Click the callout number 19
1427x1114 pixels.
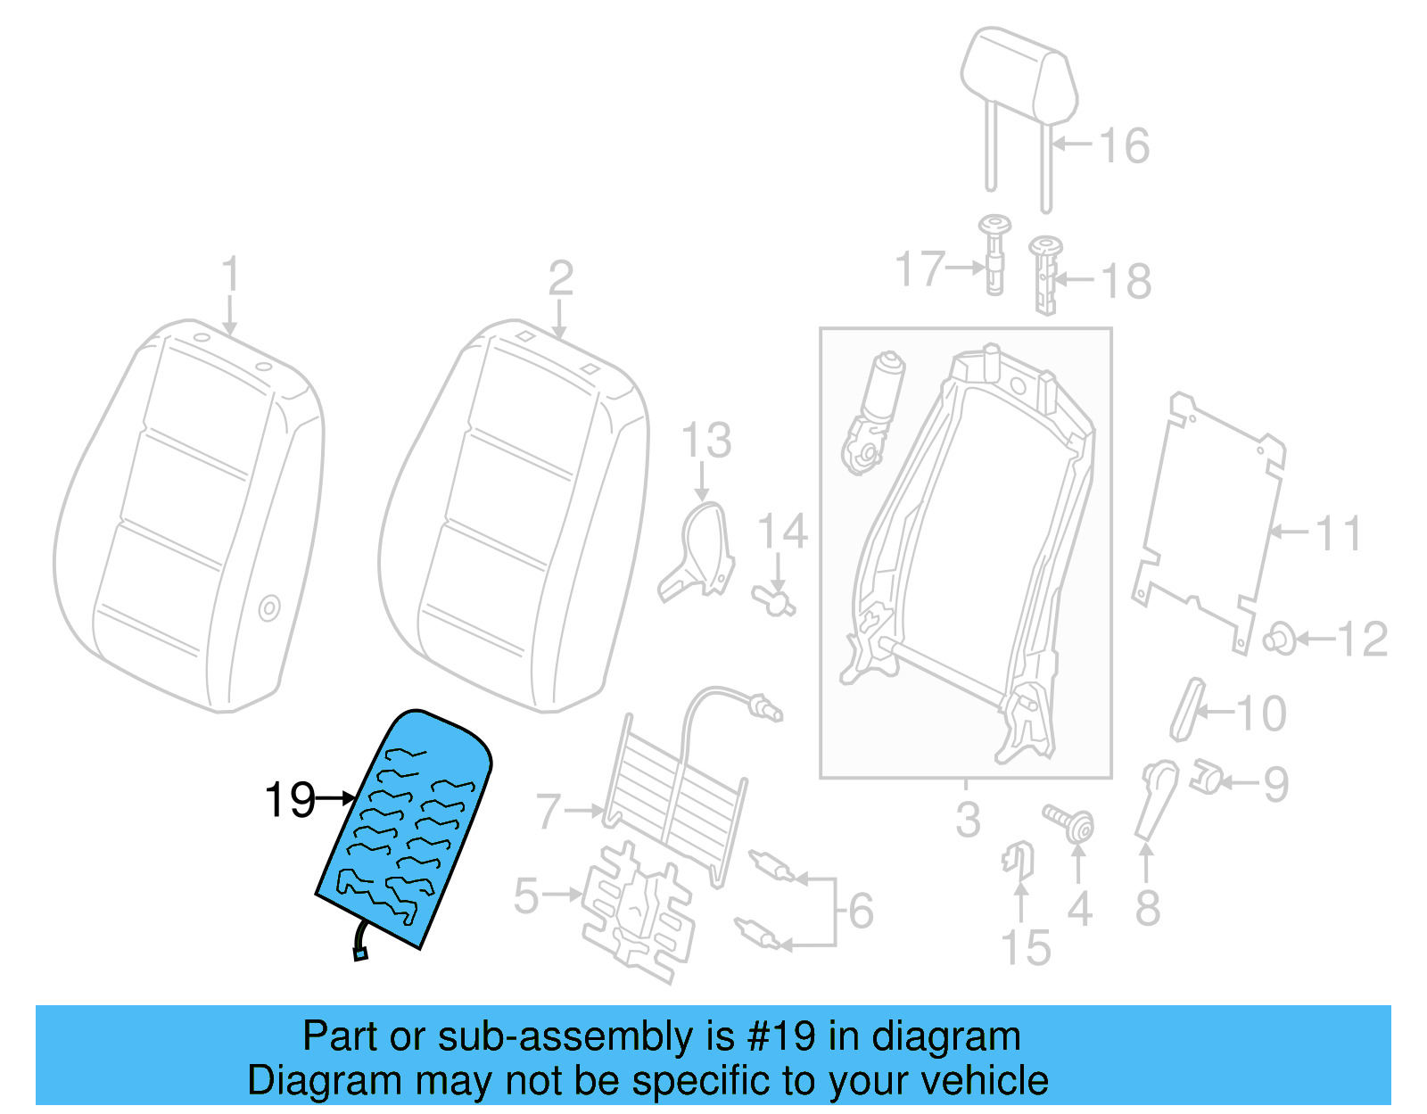290,799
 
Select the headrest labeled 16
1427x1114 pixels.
1019,80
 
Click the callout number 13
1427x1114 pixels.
706,441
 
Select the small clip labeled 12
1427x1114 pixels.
1280,639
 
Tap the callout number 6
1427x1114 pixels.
861,911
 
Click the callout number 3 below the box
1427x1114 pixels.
967,819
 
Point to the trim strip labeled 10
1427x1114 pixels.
1185,709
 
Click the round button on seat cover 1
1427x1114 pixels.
268,608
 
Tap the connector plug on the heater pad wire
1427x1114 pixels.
360,955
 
